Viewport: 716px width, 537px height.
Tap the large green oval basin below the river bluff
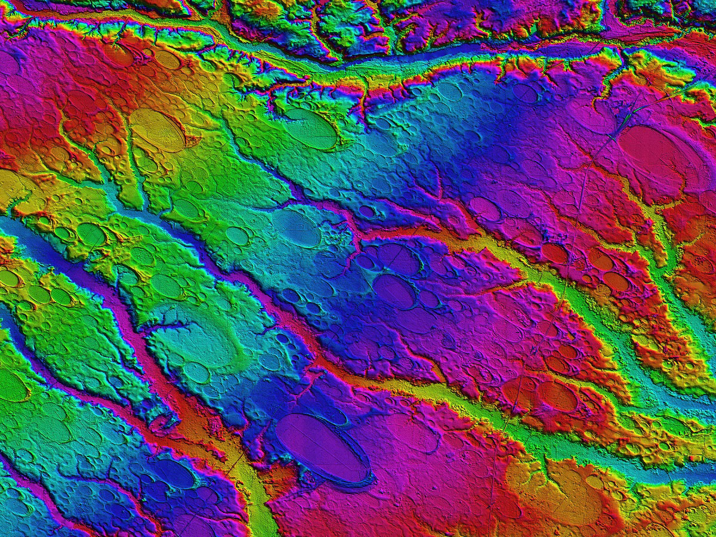(310, 128)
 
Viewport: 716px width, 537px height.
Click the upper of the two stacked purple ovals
(397, 258)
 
